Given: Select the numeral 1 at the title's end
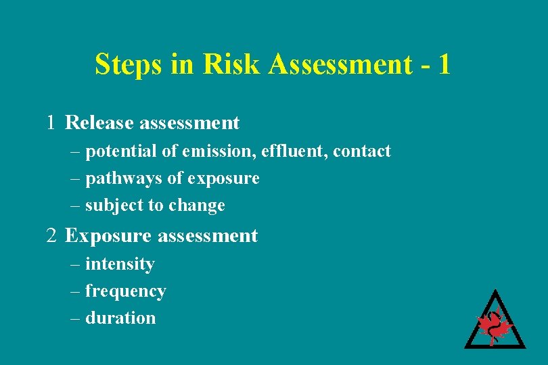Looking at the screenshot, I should coord(443,65).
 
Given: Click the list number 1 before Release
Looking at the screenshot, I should coord(51,123).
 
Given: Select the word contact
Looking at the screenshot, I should coord(363,151).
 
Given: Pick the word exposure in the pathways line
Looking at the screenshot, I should coord(223,178).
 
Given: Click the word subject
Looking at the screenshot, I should coord(110,205).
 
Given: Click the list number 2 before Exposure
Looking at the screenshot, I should coord(51,236).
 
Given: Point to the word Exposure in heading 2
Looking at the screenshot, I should coord(108,236).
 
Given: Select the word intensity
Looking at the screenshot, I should coord(120,264).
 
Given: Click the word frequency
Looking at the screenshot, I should coord(125,291).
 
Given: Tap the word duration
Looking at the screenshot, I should coord(120,318).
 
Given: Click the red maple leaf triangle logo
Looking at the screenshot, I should coord(495,322).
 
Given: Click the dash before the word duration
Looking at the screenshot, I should coord(75,318).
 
